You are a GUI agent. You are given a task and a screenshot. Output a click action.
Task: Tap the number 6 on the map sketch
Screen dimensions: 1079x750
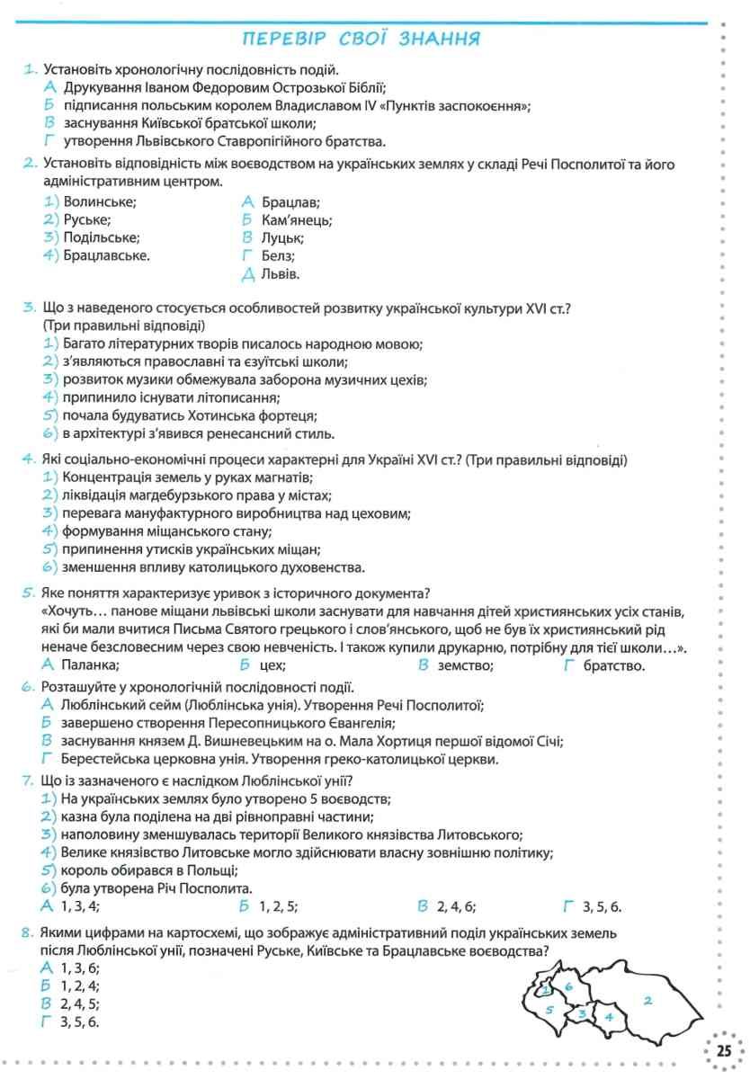pos(568,986)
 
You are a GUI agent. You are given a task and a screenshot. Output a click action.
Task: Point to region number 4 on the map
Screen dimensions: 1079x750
pos(609,1017)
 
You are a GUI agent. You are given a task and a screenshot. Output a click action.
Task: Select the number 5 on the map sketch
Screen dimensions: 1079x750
pos(549,1010)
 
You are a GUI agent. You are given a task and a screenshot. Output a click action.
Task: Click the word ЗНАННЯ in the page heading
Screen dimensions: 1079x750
pos(437,39)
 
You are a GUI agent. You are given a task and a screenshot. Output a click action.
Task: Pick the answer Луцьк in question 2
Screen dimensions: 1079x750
pos(283,237)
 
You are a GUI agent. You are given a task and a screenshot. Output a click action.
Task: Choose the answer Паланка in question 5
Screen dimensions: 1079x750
pos(90,665)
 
